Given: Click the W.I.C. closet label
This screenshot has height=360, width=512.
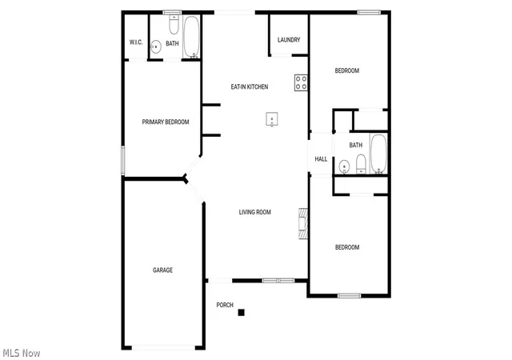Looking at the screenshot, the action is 136,42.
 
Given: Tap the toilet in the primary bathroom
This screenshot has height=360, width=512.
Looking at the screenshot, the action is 174,25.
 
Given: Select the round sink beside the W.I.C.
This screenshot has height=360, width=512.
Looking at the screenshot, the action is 156,46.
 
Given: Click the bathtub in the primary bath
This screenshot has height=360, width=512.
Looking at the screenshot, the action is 191,38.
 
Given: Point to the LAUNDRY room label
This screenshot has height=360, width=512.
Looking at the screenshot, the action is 289,40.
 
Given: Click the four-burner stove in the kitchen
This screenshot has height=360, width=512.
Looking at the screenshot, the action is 301,82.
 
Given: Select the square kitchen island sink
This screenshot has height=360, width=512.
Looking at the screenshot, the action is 272,119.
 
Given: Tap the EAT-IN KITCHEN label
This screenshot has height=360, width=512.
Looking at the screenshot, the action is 250,86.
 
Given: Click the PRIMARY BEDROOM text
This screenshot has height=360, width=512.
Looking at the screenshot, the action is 166,122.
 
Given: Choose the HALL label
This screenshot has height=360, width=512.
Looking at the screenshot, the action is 321,159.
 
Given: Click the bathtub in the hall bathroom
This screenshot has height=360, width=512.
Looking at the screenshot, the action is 378,154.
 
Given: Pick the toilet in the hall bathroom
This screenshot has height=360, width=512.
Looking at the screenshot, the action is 361,164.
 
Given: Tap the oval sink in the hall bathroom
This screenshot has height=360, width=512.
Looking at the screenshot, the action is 344,167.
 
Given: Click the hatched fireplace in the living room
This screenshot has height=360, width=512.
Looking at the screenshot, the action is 303,223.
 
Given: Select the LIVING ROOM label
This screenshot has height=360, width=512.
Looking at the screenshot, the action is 254,212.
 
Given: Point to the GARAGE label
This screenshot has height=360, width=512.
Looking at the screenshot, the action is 162,270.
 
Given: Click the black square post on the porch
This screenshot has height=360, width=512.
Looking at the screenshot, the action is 242,313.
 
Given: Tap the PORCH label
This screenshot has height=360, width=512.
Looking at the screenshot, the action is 225,305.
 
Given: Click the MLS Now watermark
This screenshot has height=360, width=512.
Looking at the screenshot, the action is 22,353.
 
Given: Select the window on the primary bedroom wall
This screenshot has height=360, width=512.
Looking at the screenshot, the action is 123,161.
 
